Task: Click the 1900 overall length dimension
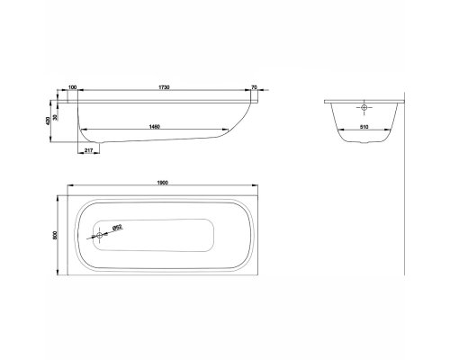tap(162, 184)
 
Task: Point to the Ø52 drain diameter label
tap(118, 229)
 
